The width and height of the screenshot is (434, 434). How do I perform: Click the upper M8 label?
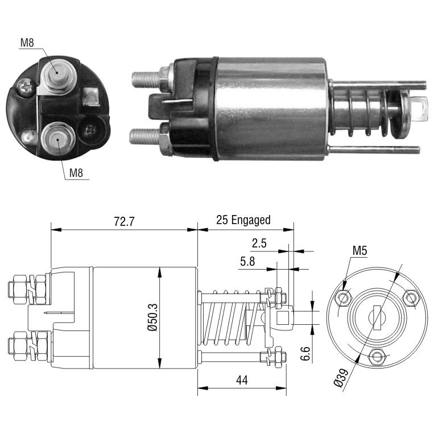click(27, 43)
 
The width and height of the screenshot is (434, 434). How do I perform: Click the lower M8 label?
click(76, 173)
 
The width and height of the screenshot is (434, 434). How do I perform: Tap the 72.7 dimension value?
click(124, 221)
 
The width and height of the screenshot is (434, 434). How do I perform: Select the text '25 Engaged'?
click(243, 220)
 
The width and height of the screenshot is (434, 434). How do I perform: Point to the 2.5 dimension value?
click(259, 243)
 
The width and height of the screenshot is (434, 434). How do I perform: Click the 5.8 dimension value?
click(247, 261)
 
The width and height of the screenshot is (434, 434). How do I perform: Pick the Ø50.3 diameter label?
click(153, 317)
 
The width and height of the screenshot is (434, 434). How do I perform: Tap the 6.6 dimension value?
click(305, 353)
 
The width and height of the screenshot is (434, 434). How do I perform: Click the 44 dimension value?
click(242, 381)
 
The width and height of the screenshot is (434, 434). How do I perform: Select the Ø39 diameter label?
click(341, 378)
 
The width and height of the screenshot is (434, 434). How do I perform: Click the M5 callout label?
click(359, 251)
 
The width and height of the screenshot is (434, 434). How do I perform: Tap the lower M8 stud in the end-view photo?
click(58, 139)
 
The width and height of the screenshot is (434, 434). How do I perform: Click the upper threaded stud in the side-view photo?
click(147, 78)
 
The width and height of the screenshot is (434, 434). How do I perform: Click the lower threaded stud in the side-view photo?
click(145, 137)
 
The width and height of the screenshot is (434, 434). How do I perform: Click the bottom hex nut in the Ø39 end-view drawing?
click(377, 356)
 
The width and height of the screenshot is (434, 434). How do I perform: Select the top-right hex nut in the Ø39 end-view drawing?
click(411, 297)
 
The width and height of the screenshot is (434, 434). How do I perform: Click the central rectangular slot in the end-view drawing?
click(377, 317)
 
